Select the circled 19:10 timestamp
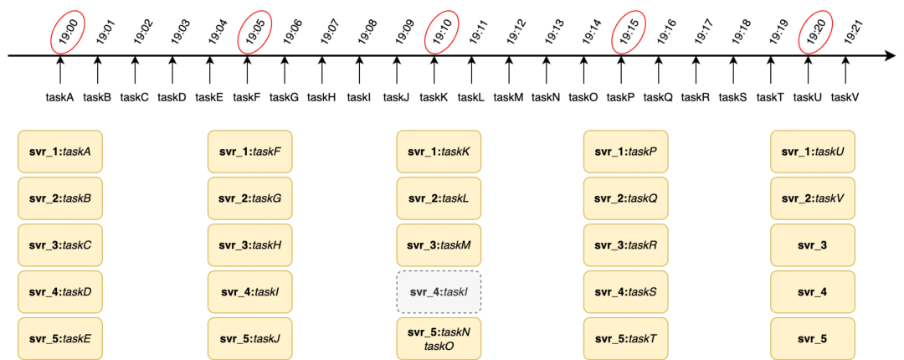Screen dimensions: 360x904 click(x=440, y=32)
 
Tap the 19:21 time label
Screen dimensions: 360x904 click(x=854, y=32)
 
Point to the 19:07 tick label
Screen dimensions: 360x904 click(x=329, y=32)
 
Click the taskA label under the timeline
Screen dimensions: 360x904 click(x=60, y=97)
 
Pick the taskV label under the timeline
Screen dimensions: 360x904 click(x=845, y=97)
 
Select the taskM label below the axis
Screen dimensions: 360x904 click(x=508, y=97)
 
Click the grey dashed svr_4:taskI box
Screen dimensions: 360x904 click(x=439, y=292)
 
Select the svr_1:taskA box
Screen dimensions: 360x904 click(x=60, y=152)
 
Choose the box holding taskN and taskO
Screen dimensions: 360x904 click(x=439, y=339)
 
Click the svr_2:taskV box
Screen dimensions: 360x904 click(x=813, y=198)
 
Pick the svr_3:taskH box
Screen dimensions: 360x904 click(x=249, y=245)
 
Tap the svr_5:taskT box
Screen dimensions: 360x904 click(x=625, y=339)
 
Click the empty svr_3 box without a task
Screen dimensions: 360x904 click(x=813, y=245)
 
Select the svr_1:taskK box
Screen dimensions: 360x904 click(x=439, y=152)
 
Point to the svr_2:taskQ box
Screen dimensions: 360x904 click(x=625, y=198)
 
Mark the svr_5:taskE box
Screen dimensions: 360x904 click(x=60, y=339)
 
